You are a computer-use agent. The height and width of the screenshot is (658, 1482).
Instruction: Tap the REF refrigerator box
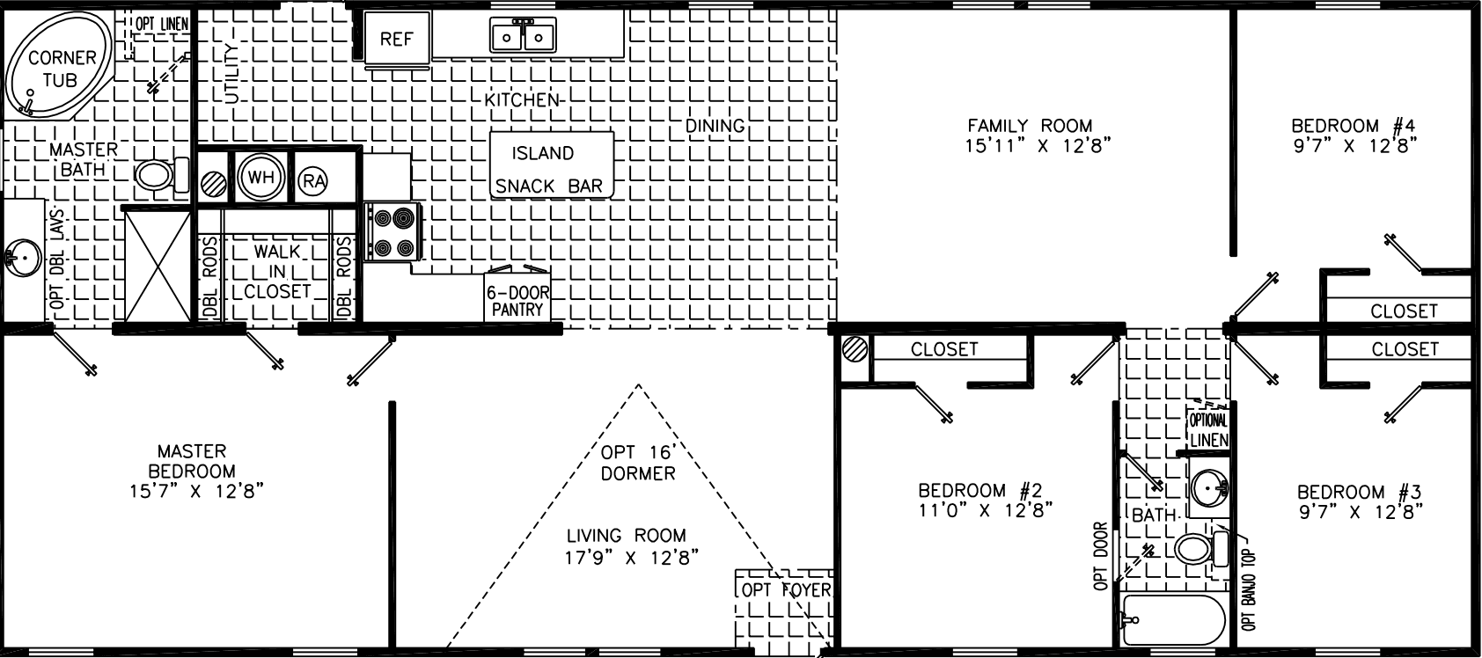point(396,40)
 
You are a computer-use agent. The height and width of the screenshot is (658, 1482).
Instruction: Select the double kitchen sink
point(524,36)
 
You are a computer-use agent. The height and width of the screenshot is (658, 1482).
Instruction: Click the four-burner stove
point(393,231)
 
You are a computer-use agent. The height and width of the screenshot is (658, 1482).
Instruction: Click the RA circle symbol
point(313,181)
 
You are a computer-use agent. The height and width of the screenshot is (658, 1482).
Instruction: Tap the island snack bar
point(551,166)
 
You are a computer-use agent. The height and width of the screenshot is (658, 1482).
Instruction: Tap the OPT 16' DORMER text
point(638,464)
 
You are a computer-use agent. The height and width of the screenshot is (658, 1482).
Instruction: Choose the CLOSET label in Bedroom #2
point(943,349)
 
